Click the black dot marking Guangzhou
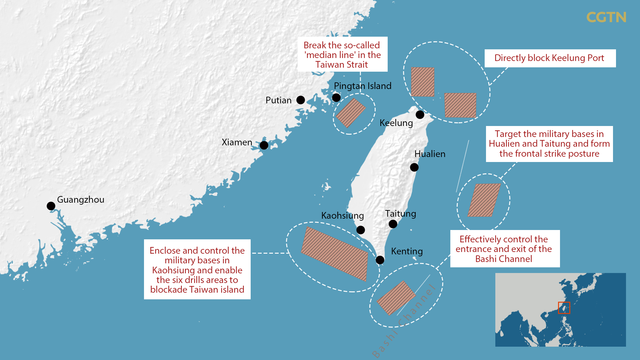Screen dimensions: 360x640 point(51,206)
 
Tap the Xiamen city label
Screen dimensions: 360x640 point(237,142)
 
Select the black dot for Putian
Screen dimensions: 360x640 point(301,100)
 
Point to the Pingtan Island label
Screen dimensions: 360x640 point(362,86)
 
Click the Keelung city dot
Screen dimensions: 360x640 point(420,115)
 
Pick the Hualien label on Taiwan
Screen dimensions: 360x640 point(430,154)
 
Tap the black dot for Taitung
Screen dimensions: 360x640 point(393,224)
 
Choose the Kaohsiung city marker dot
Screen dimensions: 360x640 point(361,230)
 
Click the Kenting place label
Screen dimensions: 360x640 point(407,251)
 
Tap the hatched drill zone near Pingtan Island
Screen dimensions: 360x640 point(351,113)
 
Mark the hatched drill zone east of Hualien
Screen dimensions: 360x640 point(484,200)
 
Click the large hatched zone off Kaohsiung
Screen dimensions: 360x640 point(334,254)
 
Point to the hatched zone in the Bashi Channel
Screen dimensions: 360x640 point(396,298)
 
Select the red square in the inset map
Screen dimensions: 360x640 point(564,308)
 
